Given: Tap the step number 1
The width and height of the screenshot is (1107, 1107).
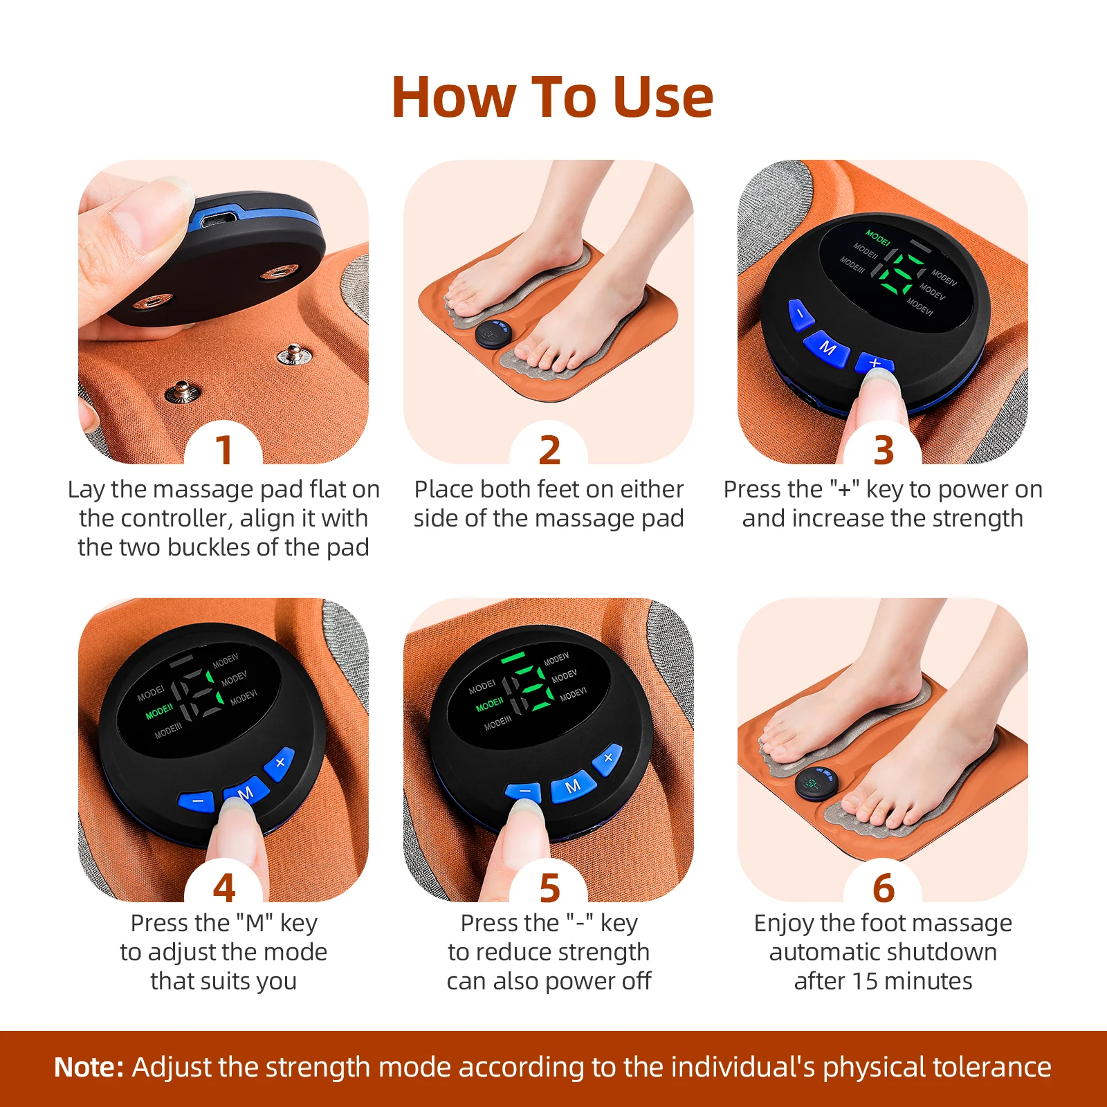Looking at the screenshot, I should (x=223, y=450).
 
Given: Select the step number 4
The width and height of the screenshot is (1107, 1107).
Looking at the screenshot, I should (x=223, y=888).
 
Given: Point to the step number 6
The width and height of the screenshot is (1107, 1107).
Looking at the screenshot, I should (x=883, y=888).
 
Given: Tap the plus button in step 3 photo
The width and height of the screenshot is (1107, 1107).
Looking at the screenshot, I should (x=875, y=363).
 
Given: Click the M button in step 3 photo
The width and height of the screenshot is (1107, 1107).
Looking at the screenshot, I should (x=827, y=347).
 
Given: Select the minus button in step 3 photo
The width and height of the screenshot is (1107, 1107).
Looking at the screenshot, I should (x=800, y=314).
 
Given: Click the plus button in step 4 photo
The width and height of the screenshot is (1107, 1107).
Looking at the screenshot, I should (x=280, y=763).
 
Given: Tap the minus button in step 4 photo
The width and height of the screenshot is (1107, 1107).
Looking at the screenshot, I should (x=198, y=801).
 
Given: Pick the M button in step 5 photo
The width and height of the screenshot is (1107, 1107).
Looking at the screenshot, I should (x=572, y=787).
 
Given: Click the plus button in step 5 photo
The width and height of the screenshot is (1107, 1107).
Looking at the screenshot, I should (x=607, y=758).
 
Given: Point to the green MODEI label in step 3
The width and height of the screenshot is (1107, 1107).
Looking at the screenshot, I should (x=877, y=238).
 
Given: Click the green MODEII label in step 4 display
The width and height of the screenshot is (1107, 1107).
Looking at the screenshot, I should (x=159, y=711).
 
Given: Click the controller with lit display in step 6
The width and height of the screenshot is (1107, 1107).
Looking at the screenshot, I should (x=816, y=785).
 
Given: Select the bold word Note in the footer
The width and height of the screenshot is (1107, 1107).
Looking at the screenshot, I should (x=89, y=1067).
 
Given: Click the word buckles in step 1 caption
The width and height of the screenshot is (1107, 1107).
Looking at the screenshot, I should (x=209, y=547).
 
